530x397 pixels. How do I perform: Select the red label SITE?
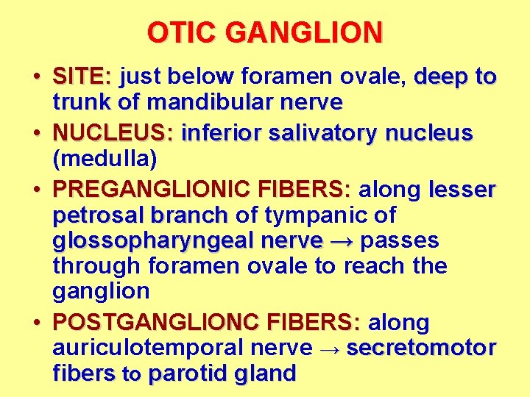point(82,76)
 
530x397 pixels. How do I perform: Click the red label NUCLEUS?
point(113,134)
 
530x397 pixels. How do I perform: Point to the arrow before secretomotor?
point(330,348)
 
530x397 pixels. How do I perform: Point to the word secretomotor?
point(421,348)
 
